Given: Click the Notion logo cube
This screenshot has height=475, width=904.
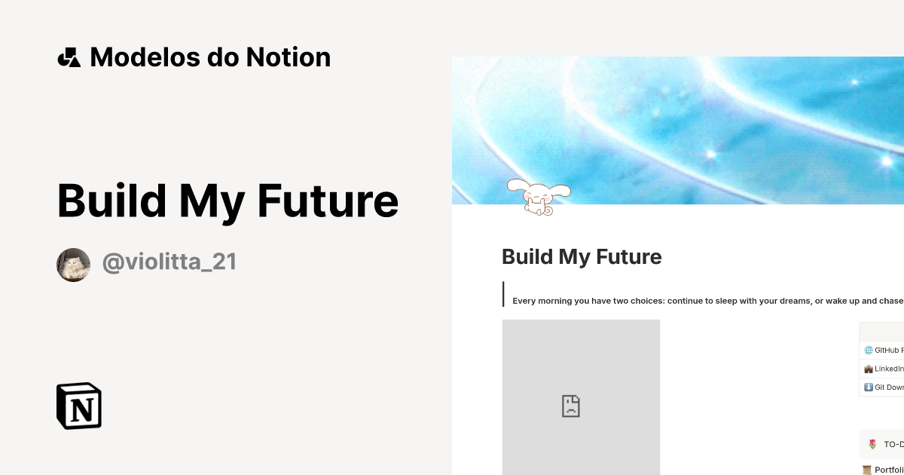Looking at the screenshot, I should click(x=79, y=406).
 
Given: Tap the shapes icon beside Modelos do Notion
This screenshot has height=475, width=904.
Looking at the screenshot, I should click(x=69, y=57).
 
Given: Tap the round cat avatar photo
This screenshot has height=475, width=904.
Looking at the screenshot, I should click(x=73, y=265).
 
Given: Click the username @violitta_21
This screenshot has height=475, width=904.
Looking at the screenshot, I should click(x=169, y=262).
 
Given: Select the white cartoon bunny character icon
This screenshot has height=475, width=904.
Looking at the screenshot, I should click(x=537, y=197).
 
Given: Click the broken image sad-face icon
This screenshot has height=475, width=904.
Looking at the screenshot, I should click(x=571, y=406).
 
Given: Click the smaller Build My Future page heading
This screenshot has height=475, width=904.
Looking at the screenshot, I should click(x=582, y=257).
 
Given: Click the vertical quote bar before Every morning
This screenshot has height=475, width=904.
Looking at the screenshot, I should click(x=503, y=294).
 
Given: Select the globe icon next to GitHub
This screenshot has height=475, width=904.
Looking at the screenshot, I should click(x=869, y=351).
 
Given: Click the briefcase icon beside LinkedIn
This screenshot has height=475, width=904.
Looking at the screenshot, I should click(x=869, y=369).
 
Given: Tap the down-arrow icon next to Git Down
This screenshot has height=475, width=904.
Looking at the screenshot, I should click(x=869, y=388).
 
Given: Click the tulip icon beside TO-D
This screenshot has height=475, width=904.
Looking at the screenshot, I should click(x=872, y=445).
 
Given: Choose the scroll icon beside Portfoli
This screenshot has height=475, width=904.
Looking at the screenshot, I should click(x=867, y=470).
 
